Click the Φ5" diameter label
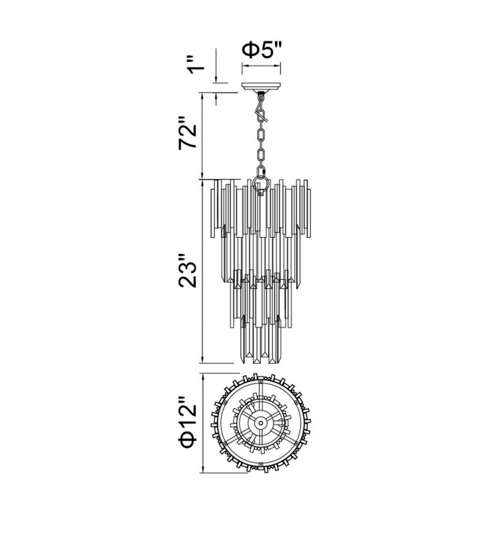tap(262, 51)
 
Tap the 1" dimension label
tap(196, 65)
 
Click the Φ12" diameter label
tap(188, 422)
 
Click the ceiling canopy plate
tap(261, 86)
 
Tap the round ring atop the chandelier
tap(261, 186)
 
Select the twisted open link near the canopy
tap(262, 115)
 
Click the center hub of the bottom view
tap(260, 423)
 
